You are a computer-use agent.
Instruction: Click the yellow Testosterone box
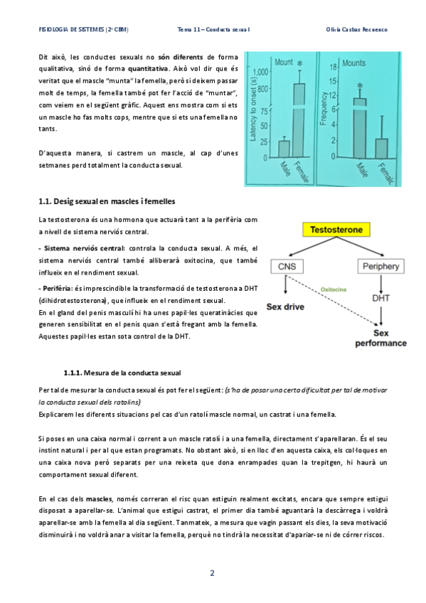336,230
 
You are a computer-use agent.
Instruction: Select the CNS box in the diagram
287,267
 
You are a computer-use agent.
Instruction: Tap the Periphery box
380,266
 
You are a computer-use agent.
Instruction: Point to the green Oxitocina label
334,289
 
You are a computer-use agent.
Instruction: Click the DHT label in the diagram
380,298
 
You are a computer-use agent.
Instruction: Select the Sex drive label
285,307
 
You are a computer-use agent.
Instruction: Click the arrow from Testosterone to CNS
312,247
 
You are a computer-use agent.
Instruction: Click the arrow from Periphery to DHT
380,284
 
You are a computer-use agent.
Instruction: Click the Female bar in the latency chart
299,120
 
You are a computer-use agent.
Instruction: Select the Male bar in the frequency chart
360,128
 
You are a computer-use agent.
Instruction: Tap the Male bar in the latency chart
284,149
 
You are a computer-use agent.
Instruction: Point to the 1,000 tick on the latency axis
260,72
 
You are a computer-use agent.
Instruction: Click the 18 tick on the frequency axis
333,68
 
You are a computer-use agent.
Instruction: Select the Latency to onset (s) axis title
253,110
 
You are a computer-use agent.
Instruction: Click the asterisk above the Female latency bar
300,63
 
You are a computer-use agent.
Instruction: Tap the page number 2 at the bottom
212,573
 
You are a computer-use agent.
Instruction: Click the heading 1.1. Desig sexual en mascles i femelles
107,201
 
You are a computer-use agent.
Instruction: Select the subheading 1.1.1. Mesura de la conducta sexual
122,373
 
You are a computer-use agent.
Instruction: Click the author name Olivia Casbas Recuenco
356,30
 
